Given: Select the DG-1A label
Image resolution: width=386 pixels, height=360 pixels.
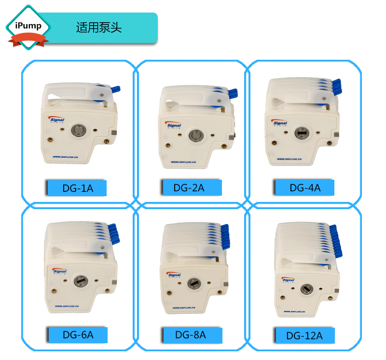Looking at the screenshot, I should [78, 188].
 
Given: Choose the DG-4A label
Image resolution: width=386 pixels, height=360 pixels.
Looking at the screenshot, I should [304, 187].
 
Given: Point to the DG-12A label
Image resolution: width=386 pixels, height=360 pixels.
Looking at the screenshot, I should [304, 335].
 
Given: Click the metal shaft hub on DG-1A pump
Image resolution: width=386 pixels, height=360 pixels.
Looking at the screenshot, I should [77, 131].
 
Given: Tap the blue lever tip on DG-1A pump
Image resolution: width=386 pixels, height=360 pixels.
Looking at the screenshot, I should [115, 89].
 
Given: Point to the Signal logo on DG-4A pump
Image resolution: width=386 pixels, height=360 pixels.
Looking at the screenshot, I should [280, 123].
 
